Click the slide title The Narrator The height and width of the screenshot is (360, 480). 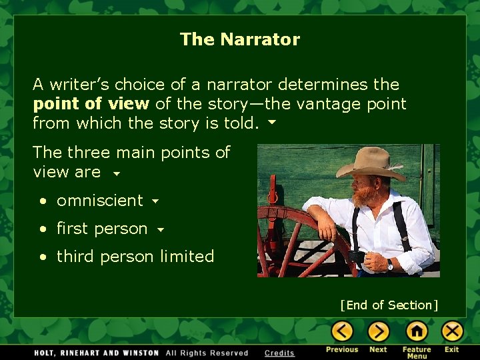click(240, 39)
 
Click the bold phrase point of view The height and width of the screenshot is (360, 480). click(91, 104)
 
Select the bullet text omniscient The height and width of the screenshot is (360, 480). click(100, 201)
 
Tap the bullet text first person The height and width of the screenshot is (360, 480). click(102, 229)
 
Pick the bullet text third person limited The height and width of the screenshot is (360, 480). click(135, 257)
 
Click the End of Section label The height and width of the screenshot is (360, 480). click(389, 305)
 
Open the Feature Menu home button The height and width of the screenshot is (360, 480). click(416, 331)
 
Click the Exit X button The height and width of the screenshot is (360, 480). click(452, 331)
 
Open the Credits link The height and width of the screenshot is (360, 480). click(279, 353)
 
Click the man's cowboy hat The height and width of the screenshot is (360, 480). click(371, 162)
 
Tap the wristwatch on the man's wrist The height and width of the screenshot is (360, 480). click(390, 264)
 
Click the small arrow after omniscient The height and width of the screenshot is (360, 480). click(155, 201)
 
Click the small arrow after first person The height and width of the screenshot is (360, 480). click(160, 230)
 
